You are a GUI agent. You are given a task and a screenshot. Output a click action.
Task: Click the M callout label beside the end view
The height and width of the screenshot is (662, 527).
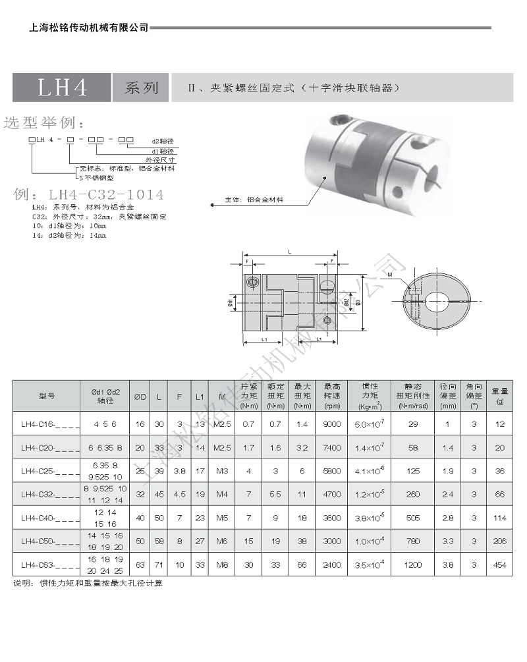[389, 274]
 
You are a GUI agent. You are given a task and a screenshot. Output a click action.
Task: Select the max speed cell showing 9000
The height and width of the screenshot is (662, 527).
[332, 425]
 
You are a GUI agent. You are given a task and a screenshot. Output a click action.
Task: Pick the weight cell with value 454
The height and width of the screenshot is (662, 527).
[499, 565]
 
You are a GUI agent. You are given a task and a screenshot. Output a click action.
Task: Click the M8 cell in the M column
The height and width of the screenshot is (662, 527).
[222, 565]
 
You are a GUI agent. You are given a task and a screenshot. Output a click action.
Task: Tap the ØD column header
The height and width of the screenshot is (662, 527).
[140, 397]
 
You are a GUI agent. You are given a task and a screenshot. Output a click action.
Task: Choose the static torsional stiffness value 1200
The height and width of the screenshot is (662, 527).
[413, 565]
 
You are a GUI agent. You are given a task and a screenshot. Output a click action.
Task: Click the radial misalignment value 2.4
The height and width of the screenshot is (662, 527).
[449, 494]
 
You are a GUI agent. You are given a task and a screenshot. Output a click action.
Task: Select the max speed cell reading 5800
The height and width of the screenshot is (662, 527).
[332, 471]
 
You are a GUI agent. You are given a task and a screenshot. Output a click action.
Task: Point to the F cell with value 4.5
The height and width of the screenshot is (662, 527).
[180, 494]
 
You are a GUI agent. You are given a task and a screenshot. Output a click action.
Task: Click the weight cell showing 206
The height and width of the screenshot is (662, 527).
[499, 541]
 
